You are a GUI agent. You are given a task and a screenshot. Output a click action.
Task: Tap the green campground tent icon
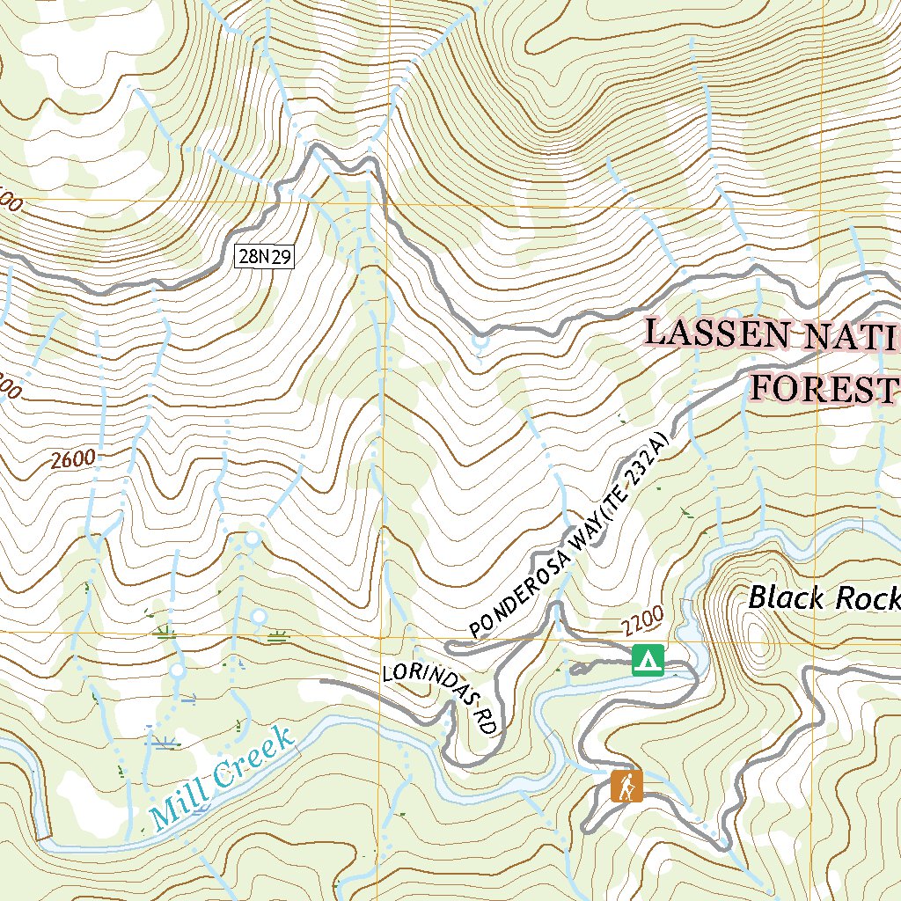tap(648, 659)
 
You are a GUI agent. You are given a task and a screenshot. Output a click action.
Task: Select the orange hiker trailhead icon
tap(626, 786)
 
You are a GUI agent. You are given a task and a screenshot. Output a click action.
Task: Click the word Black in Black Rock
tap(787, 599)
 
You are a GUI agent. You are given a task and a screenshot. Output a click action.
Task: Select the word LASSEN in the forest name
tap(712, 333)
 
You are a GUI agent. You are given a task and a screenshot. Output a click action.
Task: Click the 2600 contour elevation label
tap(72, 459)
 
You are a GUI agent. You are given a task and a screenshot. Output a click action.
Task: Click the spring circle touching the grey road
tap(480, 340)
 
